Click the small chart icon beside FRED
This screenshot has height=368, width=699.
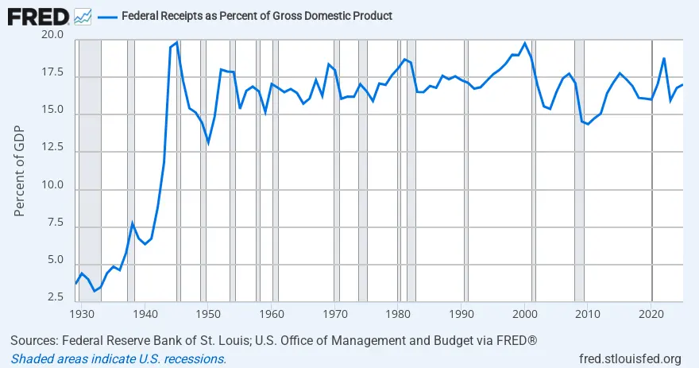click(82, 16)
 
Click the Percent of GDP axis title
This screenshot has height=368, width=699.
click(21, 168)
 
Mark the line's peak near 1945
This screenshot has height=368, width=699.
click(176, 42)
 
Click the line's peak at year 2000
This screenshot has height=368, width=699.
click(524, 43)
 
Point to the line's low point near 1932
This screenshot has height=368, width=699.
click(94, 291)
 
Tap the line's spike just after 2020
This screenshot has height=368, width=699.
click(664, 58)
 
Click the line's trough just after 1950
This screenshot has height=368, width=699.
click(208, 143)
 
